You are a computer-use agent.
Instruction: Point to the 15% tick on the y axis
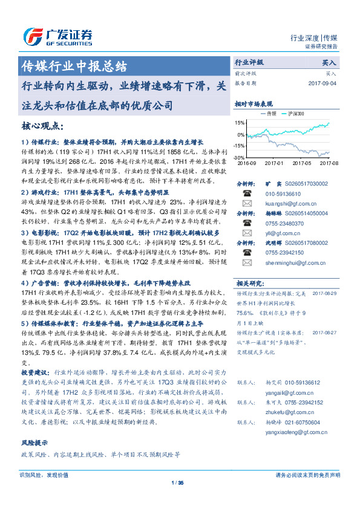coord(240,123)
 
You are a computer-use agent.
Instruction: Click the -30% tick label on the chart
coord(240,157)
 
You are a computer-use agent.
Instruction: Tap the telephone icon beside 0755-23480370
coord(247,224)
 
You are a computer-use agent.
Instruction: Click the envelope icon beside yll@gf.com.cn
coord(247,234)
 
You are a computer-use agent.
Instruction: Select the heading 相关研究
coord(249,283)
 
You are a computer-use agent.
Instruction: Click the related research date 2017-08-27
coord(324,332)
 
